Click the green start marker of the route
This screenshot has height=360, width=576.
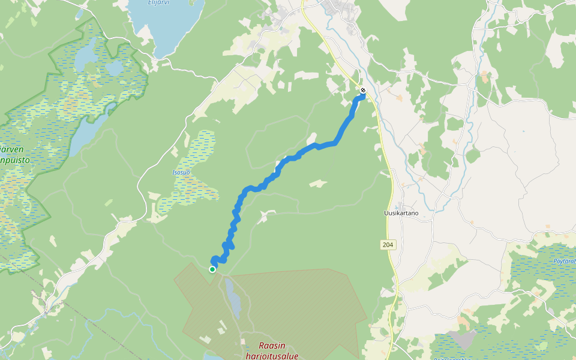212,269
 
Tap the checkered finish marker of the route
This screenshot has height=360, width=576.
363,91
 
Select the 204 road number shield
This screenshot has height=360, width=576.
388,244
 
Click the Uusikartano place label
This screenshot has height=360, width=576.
401,213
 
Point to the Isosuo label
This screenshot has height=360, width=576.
181,172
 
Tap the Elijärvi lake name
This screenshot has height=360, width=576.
159,2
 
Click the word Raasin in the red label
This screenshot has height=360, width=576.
272,346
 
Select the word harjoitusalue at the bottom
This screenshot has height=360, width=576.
272,356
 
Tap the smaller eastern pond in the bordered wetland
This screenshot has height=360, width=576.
114,68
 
